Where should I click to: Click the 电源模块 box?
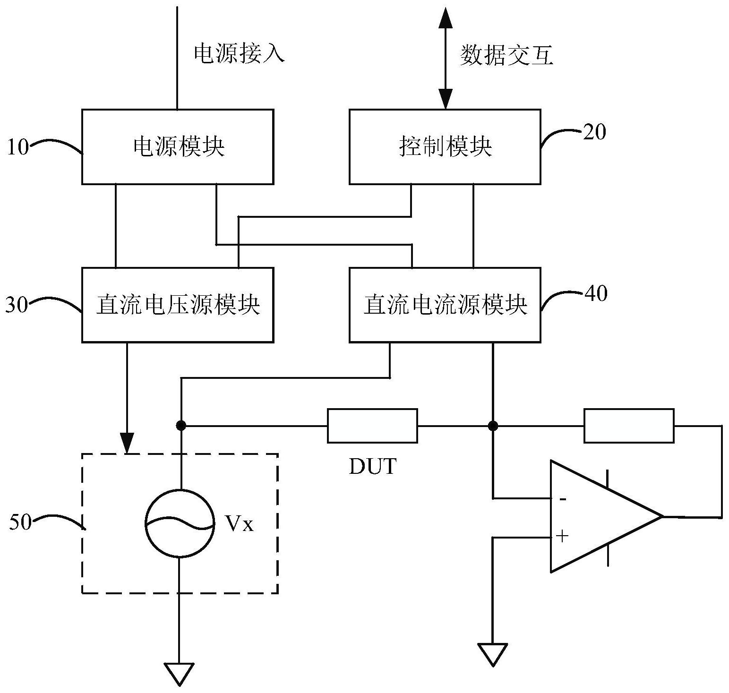178,147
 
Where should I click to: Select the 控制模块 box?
445,147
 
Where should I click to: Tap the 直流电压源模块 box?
178,305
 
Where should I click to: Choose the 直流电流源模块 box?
445,305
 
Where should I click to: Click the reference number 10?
18,147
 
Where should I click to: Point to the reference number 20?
594,132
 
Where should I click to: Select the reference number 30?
17,305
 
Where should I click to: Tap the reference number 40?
595,293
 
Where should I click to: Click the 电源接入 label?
240,53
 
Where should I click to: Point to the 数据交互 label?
506,56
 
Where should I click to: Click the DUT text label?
372,467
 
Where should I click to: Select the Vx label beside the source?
239,524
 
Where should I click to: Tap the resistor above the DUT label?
372,426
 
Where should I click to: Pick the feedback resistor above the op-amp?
629,426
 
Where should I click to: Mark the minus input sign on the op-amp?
562,499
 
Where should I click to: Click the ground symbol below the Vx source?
179,674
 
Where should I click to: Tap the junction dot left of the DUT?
180,426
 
